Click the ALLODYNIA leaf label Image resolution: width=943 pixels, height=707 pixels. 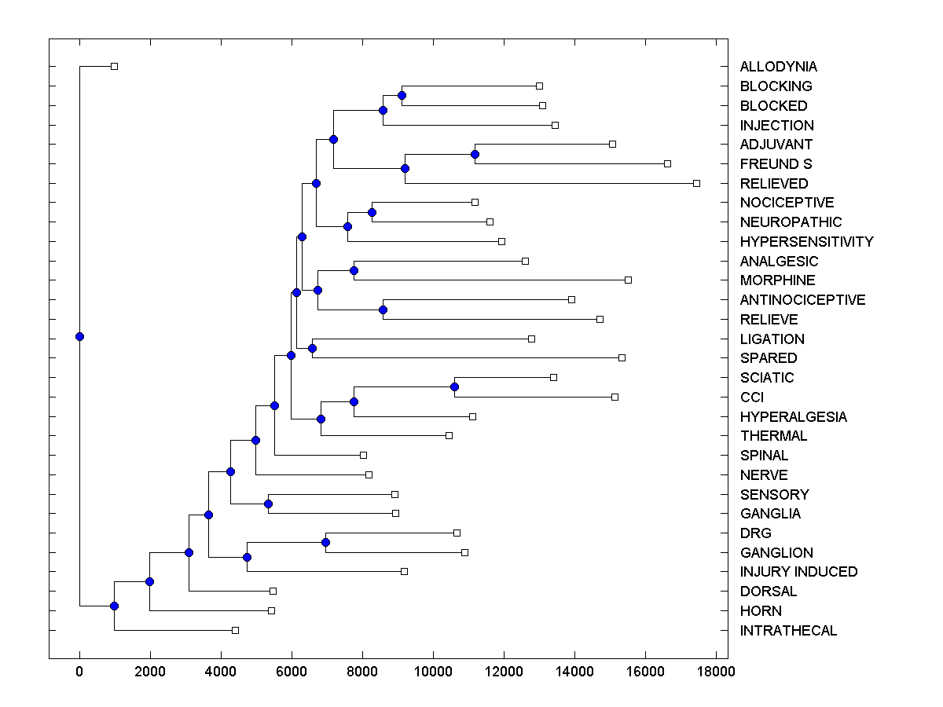(778, 67)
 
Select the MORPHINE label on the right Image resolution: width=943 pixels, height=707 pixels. (777, 280)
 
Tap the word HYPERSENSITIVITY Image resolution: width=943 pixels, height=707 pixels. (806, 242)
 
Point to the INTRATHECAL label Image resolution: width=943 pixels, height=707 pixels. (788, 631)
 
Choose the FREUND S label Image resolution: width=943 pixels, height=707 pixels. (776, 164)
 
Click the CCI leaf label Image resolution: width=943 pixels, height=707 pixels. (752, 397)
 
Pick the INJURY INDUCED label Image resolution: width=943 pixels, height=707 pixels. (798, 572)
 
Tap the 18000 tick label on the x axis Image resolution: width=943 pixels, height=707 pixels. (716, 671)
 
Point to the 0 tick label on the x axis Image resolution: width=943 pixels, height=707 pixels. (79, 671)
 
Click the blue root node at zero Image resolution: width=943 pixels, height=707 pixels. (79, 337)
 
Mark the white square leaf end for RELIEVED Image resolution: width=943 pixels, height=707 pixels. (696, 183)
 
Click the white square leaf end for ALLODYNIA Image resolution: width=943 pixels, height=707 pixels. (114, 67)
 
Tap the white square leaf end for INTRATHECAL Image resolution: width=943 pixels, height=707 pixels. (235, 630)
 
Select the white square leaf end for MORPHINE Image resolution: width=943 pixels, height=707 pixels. (628, 280)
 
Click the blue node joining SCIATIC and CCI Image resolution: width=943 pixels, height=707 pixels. (454, 387)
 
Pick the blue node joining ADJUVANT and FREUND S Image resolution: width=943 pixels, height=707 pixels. (475, 154)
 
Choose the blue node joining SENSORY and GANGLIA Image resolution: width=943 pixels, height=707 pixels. (268, 504)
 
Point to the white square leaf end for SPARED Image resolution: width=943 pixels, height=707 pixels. (622, 357)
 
